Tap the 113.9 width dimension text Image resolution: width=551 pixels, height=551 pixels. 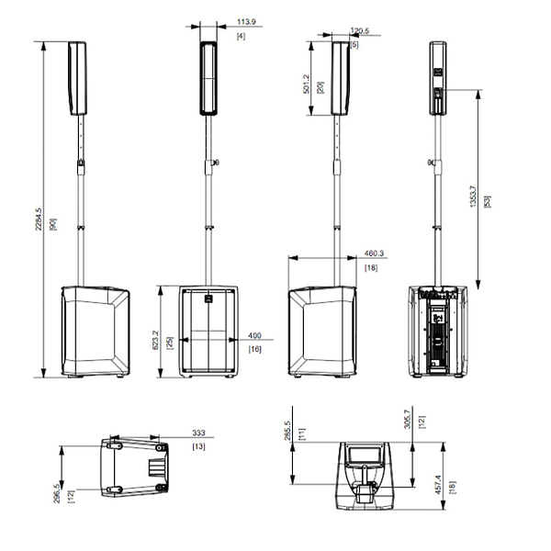coord(246,20)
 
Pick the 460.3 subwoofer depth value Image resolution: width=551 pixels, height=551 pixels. coord(374,253)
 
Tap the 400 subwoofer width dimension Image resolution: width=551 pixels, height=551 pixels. coord(255,336)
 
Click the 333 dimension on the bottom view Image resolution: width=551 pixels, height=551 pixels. coord(198,431)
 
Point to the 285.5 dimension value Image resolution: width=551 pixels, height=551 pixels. coord(287,431)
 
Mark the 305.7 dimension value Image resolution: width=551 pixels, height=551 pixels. coord(408,421)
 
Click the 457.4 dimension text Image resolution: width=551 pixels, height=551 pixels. coord(438,483)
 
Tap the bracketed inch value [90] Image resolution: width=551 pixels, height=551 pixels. coord(52,224)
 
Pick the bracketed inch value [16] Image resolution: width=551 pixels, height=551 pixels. coord(254,349)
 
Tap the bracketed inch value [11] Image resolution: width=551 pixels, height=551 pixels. coord(301,432)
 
